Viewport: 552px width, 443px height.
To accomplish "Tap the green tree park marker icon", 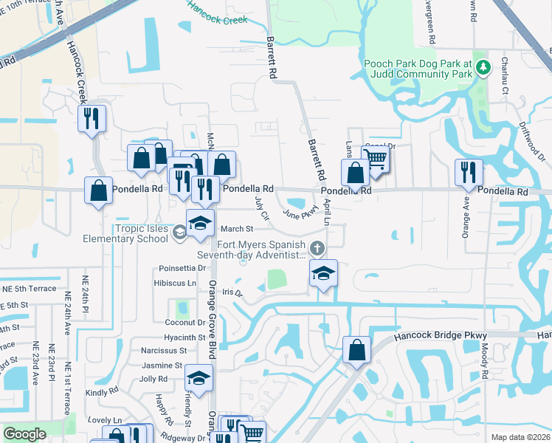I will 483,68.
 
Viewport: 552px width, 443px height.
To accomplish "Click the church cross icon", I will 317,247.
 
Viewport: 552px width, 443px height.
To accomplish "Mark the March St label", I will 237,229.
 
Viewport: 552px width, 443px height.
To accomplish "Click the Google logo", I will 24,434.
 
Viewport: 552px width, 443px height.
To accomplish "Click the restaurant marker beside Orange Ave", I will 468,171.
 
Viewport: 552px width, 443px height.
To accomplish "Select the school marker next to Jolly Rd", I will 198,378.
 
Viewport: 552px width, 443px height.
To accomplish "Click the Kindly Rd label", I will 101,393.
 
